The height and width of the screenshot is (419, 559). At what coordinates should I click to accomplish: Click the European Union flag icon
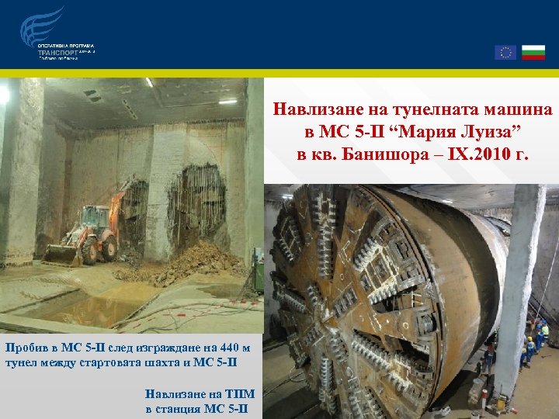coord(505,52)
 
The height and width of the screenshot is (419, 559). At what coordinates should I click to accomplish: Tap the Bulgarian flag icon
coord(533,52)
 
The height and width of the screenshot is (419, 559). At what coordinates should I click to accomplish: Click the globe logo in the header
coord(43,26)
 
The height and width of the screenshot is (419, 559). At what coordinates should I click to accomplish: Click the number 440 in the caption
coord(217,345)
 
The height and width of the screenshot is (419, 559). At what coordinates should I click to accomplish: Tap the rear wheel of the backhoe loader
coord(109,248)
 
